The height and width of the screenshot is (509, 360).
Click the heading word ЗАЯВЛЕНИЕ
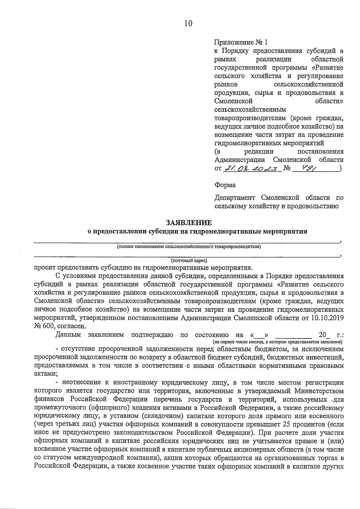pyautogui.click(x=189, y=222)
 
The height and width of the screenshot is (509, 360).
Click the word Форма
pyautogui.click(x=225, y=185)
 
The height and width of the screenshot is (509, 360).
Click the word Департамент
pyautogui.click(x=235, y=198)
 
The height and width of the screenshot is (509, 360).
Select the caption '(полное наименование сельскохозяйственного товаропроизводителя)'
pyautogui.click(x=189, y=247)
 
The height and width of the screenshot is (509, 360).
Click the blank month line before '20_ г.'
pyautogui.click(x=293, y=335)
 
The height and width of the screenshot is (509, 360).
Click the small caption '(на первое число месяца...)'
pyautogui.click(x=277, y=342)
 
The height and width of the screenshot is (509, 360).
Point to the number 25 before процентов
pyautogui.click(x=286, y=425)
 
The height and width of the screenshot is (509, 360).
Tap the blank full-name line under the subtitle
pyautogui.click(x=186, y=242)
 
